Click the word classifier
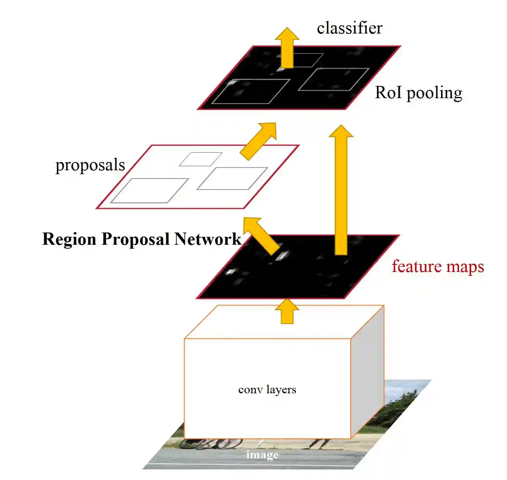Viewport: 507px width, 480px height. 350,28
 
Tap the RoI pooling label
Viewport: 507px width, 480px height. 418,93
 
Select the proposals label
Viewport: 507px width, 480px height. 90,165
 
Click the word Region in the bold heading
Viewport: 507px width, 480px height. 70,239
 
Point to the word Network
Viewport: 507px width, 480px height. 207,239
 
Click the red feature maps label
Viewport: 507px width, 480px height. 438,266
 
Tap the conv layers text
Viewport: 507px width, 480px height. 267,390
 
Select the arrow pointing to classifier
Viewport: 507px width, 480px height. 287,48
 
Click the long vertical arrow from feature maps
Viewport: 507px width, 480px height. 341,190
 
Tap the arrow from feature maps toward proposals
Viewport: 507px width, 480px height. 261,236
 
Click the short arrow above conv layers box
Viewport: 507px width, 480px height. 287,311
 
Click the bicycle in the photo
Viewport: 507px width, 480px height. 211,444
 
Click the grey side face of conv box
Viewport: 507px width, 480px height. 368,372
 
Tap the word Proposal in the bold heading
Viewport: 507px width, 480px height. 135,239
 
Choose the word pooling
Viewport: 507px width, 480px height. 435,94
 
